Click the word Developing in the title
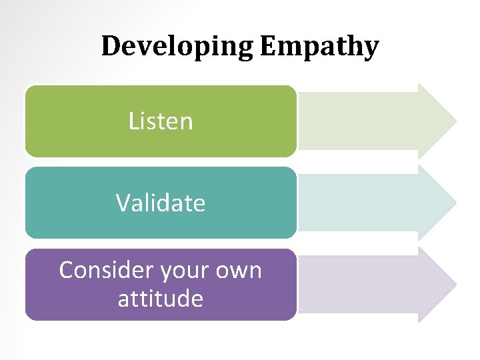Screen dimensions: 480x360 pyautogui.click(x=177, y=47)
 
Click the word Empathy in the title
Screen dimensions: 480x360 pyautogui.click(x=319, y=47)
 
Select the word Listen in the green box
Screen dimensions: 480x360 pyautogui.click(x=161, y=121)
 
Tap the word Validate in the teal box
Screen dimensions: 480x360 pyautogui.click(x=161, y=203)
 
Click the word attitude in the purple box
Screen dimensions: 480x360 pyautogui.click(x=161, y=298)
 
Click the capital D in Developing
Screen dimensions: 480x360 pyautogui.click(x=110, y=46)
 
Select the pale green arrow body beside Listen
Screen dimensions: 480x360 pyautogui.click(x=360, y=121)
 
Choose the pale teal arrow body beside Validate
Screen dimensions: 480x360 pyautogui.click(x=360, y=203)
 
